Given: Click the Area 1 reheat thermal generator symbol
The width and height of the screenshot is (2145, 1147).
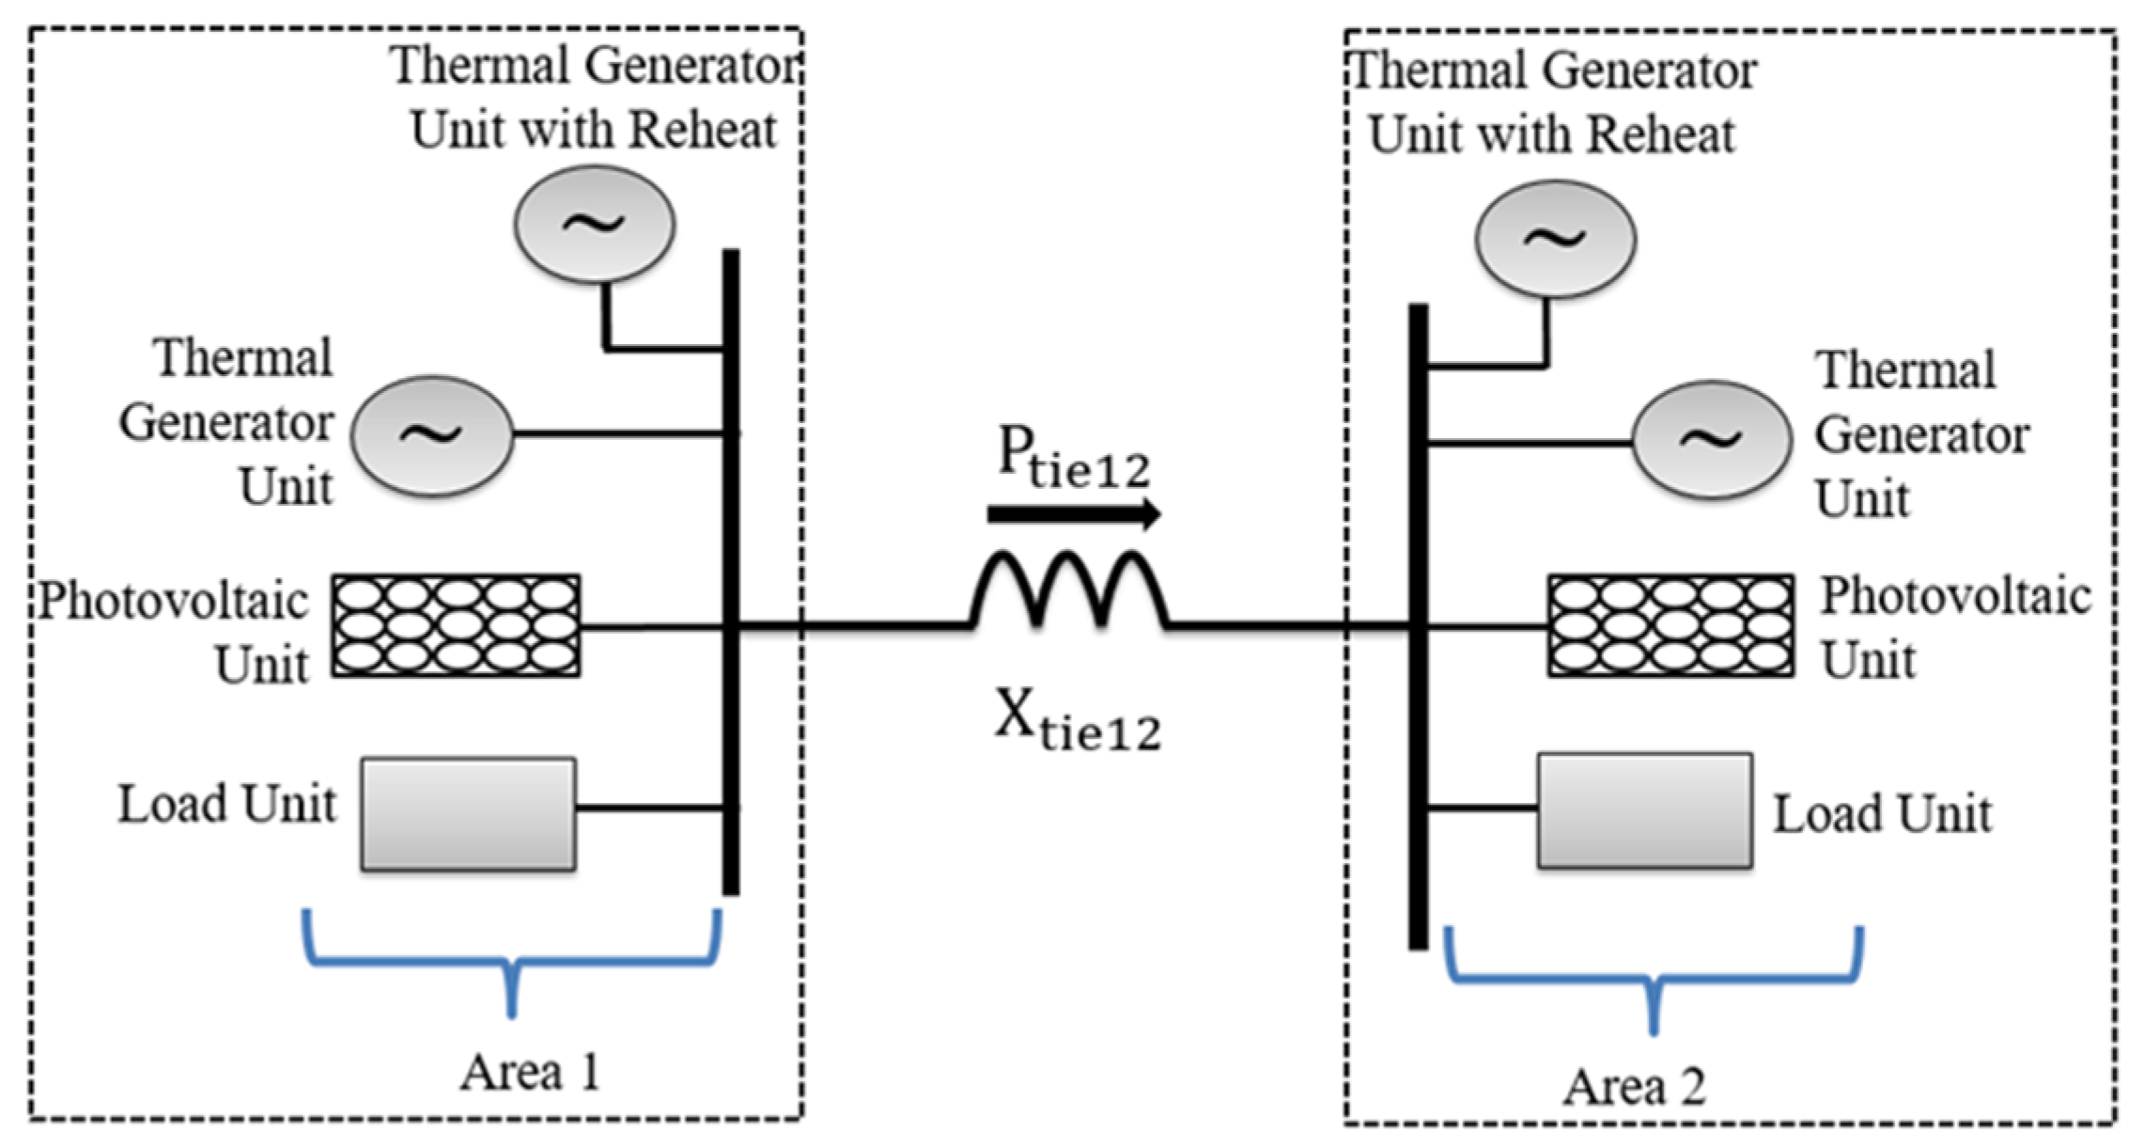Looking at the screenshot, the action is (x=594, y=224).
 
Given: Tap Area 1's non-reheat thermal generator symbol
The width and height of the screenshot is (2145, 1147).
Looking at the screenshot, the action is (x=432, y=435).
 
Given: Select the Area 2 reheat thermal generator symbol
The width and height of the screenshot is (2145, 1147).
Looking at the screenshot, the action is (x=1556, y=239).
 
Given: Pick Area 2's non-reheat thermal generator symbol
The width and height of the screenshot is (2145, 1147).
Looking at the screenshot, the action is (x=1711, y=439).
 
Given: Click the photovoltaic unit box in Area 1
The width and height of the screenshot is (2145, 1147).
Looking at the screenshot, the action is (x=456, y=625).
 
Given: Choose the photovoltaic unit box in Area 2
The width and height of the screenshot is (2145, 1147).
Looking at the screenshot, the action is (x=1671, y=625).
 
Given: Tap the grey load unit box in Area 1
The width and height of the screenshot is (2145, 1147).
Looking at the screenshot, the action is (x=469, y=813).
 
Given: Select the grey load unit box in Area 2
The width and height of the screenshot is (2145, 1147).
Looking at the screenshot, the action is (x=1644, y=809).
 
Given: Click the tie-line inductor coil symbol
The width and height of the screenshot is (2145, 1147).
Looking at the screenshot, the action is (x=1070, y=589).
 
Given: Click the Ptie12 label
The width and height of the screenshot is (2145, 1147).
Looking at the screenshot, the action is (x=1073, y=459).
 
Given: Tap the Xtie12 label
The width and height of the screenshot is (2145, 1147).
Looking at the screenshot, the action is (x=1078, y=719).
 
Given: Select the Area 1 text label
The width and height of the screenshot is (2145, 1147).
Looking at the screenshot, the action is (x=530, y=1072).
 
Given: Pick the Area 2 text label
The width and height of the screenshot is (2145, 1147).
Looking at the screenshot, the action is (x=1634, y=1087).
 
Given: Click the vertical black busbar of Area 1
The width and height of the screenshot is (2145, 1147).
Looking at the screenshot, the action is (x=731, y=572).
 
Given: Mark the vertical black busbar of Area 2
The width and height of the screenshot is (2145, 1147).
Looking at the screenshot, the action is (x=1419, y=626).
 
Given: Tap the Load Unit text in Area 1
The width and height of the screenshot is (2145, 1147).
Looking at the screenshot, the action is (x=226, y=805).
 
